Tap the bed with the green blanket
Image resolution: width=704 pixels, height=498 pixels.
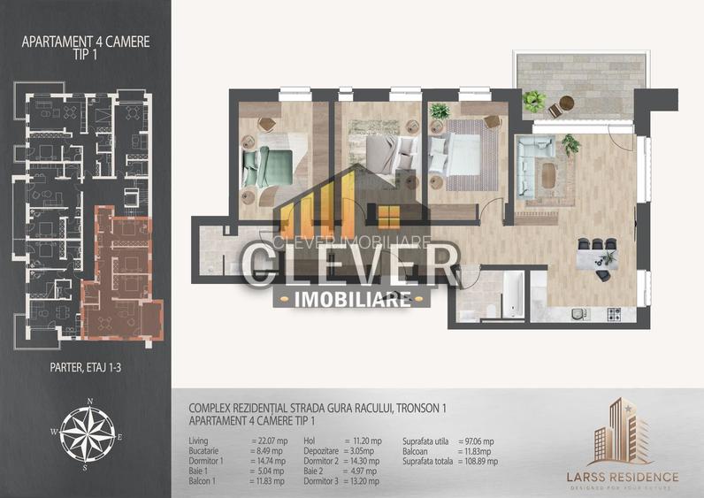point(269,163)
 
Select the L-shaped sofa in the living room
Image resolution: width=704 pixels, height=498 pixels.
point(536,165)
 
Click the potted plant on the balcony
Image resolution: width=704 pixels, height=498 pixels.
point(533,100)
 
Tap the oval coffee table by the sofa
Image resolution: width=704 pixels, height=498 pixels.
point(548,175)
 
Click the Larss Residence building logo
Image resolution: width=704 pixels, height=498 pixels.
point(622,434)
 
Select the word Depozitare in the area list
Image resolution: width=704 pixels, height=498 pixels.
point(323,450)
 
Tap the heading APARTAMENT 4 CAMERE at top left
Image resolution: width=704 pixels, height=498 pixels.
point(85,41)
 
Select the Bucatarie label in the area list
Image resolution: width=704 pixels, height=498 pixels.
point(210,450)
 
